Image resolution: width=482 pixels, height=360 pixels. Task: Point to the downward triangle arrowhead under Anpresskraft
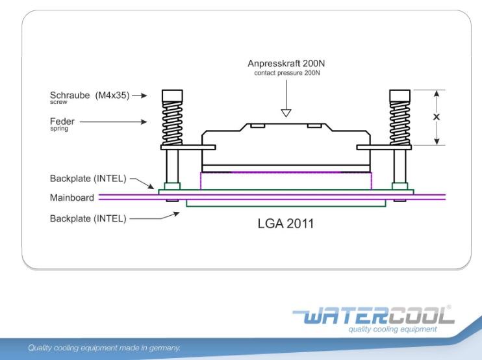[286, 113]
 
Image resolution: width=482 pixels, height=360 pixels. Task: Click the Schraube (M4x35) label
[90, 96]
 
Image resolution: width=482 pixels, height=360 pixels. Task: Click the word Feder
[62, 121]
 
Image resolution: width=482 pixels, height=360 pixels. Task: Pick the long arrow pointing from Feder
[113, 121]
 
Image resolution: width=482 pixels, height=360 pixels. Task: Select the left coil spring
[172, 123]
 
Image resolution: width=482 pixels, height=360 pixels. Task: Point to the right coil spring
[400, 123]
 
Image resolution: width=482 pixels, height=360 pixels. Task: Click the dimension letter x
[437, 117]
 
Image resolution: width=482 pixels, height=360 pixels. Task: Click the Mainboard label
[72, 198]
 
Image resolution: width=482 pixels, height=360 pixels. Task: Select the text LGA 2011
[286, 224]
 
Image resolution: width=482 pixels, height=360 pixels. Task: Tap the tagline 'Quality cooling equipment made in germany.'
[104, 348]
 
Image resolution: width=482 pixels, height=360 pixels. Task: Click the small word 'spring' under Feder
[58, 129]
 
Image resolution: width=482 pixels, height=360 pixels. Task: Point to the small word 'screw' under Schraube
[58, 103]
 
